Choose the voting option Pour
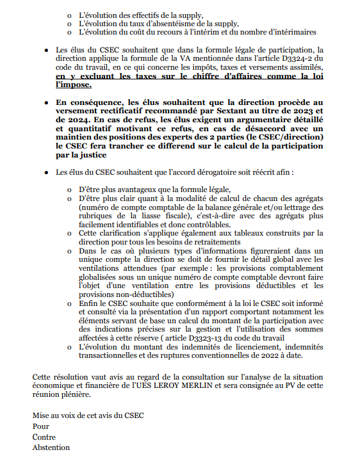point(41,426)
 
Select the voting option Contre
point(44,437)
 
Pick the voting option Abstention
point(51,447)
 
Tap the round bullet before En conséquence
point(46,102)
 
